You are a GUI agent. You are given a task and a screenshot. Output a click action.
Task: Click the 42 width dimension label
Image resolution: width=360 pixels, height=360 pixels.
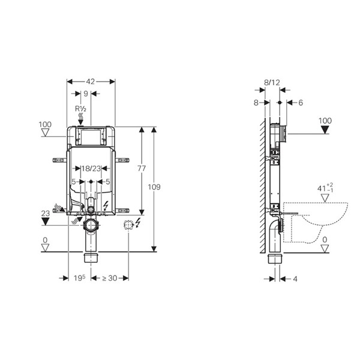pyautogui.click(x=90, y=82)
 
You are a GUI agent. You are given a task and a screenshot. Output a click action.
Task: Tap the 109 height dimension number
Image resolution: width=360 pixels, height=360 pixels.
pyautogui.click(x=154, y=187)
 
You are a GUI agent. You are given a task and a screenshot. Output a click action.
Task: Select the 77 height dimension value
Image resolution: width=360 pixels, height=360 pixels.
pyautogui.click(x=142, y=169)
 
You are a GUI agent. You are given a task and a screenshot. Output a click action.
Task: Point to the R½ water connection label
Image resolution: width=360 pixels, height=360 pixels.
pyautogui.click(x=80, y=109)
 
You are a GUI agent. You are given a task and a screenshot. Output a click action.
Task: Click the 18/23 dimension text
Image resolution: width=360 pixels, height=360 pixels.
pyautogui.click(x=91, y=169)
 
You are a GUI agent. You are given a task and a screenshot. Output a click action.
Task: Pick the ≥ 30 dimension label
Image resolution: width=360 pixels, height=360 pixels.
pyautogui.click(x=110, y=278)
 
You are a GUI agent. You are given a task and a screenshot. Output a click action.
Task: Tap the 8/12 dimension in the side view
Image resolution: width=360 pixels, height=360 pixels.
pyautogui.click(x=272, y=82)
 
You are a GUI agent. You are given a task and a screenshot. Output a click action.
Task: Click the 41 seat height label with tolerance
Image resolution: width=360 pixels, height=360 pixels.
pyautogui.click(x=325, y=188)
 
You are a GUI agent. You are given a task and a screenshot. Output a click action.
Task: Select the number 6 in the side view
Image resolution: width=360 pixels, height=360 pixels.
pyautogui.click(x=301, y=103)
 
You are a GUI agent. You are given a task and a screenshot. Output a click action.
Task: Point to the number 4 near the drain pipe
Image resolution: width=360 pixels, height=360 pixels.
pyautogui.click(x=295, y=279)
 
